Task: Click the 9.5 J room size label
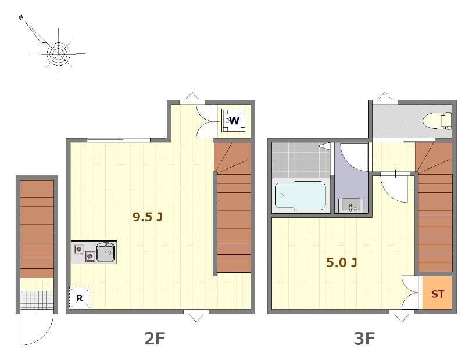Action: click(x=148, y=217)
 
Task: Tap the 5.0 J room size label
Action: click(x=341, y=262)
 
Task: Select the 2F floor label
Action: click(x=155, y=339)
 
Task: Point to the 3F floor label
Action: click(x=364, y=339)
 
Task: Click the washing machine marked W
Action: click(x=234, y=120)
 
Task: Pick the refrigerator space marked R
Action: click(x=80, y=298)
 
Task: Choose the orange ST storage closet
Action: click(x=437, y=294)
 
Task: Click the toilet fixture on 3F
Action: click(x=437, y=121)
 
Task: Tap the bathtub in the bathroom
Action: click(x=301, y=196)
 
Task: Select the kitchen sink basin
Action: click(x=106, y=252)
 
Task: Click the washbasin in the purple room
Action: click(x=352, y=205)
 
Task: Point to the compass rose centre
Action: click(x=59, y=53)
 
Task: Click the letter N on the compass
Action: click(x=21, y=17)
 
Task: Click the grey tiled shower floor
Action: click(x=301, y=160)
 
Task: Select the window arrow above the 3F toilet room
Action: click(x=385, y=96)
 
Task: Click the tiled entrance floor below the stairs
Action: click(x=37, y=300)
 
